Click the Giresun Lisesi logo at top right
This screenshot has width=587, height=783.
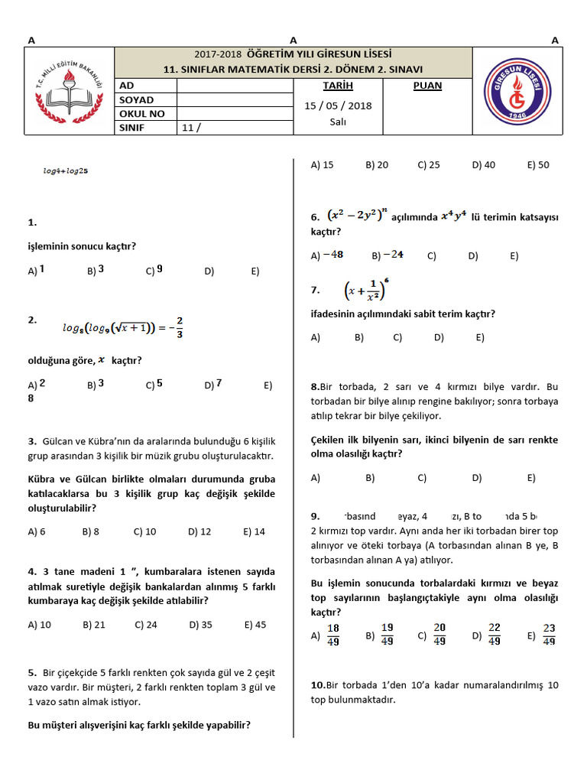[517, 91]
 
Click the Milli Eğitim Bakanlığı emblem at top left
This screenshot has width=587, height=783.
[70, 91]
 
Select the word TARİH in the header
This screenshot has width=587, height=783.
[338, 86]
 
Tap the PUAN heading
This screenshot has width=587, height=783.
[427, 86]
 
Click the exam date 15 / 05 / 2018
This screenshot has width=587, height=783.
[338, 106]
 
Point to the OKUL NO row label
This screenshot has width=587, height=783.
[142, 114]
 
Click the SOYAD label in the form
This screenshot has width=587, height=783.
[136, 100]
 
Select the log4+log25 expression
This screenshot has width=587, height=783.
[65, 171]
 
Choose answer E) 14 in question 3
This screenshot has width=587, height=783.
[254, 531]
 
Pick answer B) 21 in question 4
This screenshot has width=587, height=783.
[93, 625]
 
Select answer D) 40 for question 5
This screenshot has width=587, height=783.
[483, 164]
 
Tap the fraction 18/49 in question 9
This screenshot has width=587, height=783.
[332, 635]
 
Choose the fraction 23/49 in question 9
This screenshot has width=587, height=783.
[548, 635]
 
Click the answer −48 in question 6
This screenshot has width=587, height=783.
[332, 255]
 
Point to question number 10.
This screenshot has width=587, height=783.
[318, 685]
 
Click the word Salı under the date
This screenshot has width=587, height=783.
[338, 122]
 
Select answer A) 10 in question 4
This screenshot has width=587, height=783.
[39, 625]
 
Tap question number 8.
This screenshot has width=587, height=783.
[315, 387]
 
